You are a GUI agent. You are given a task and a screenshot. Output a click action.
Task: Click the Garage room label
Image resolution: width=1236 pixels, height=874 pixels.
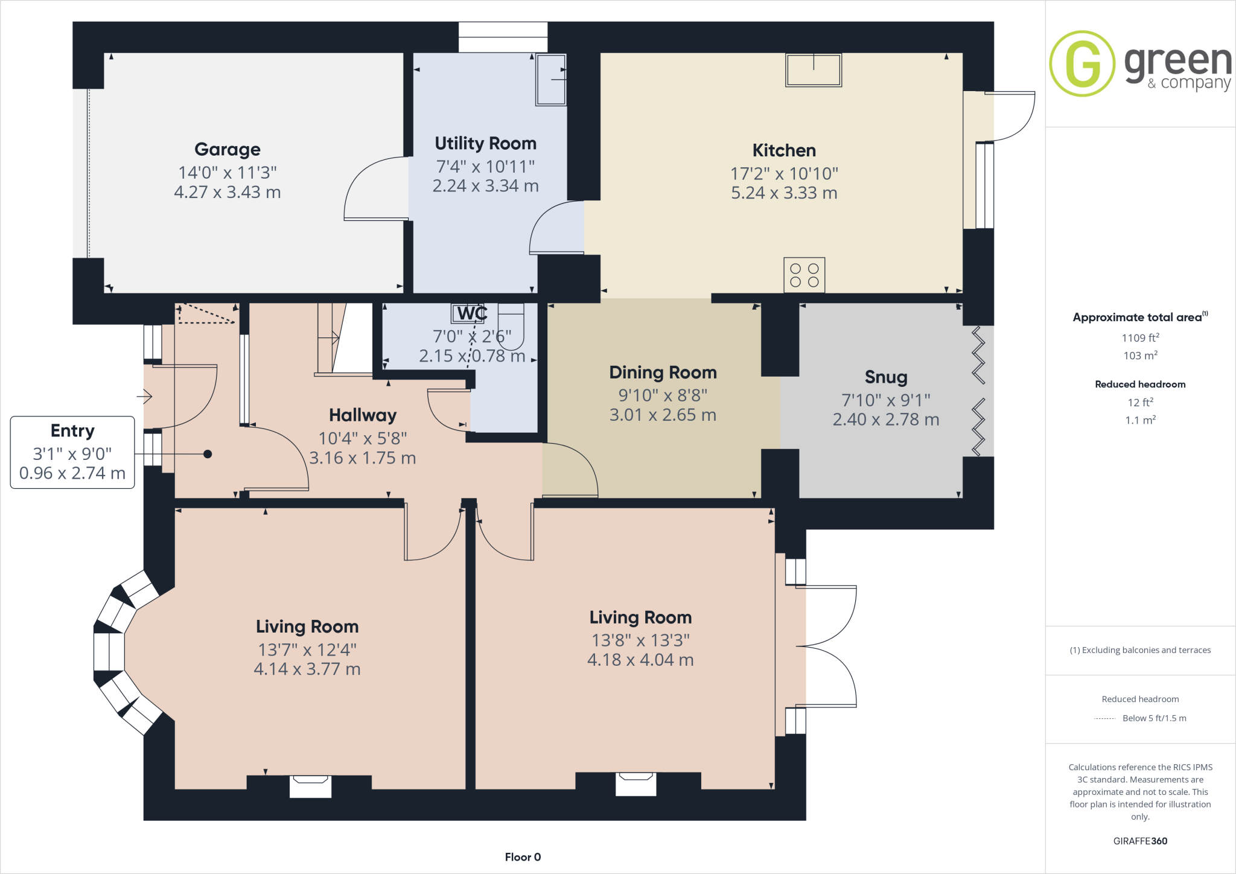[x=228, y=149]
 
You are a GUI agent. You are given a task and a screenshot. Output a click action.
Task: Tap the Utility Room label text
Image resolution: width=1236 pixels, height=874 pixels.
[x=485, y=144]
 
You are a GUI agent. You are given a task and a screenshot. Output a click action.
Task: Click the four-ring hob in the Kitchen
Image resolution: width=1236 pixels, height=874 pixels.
[x=804, y=275]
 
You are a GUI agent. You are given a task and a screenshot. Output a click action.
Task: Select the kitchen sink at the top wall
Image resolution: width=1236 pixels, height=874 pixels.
[x=813, y=70]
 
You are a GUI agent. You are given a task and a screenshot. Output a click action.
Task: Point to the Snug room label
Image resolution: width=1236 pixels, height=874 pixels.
[x=885, y=377]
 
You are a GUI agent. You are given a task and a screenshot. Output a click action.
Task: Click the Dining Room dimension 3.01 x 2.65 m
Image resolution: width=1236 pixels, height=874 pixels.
[x=663, y=415]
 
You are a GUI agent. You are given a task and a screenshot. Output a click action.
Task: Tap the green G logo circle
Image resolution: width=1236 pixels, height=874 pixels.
[x=1081, y=63]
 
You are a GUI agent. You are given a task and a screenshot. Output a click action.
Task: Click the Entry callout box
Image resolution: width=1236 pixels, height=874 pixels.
[x=72, y=452]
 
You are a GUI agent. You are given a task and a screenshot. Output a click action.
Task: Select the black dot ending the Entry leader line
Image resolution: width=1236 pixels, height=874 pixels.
[x=208, y=454]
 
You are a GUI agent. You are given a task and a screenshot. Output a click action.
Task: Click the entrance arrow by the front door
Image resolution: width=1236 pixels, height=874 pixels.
[x=144, y=397]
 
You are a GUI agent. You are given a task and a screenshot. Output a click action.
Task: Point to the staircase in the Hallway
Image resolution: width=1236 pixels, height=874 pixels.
[x=345, y=338]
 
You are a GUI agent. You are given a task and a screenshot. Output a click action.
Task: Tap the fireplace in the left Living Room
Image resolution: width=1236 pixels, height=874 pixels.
[x=310, y=786]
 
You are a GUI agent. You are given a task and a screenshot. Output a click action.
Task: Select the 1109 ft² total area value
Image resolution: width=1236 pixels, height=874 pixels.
[x=1140, y=338]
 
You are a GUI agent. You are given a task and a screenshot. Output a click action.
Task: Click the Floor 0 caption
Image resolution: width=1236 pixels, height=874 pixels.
[x=523, y=857]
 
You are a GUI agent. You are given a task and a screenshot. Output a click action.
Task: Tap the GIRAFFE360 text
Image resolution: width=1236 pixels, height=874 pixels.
[x=1140, y=841]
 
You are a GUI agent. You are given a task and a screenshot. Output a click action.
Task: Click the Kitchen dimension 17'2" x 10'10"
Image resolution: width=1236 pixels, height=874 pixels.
[x=784, y=174]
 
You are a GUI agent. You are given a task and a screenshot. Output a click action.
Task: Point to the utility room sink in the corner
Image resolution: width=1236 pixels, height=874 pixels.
[x=550, y=80]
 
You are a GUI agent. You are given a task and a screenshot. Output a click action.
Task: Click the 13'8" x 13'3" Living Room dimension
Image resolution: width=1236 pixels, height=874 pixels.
[x=640, y=640]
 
